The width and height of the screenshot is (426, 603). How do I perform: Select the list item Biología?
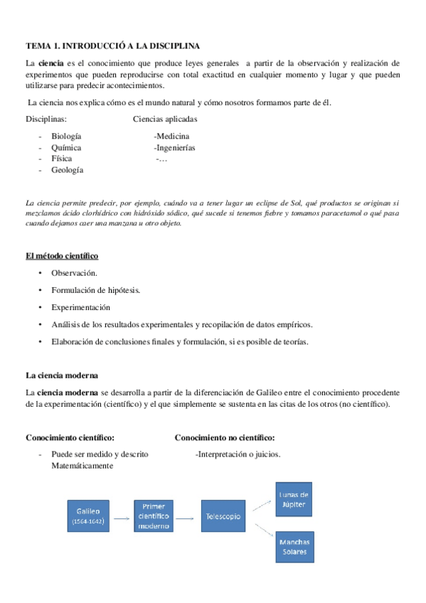pos(66,137)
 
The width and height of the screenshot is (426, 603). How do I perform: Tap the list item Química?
pos(66,148)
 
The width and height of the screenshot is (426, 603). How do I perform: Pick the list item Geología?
pos(67,170)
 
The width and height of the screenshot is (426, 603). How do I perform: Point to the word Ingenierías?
pos(174,148)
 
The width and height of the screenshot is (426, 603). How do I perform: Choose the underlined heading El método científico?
pos(62,255)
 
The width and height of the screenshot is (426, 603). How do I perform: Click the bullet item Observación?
pos(74,273)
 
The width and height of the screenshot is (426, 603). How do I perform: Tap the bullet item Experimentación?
pos(80,307)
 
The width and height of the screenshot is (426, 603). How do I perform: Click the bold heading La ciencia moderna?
pos(62,375)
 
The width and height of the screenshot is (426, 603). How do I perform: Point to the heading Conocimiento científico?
pos(70,437)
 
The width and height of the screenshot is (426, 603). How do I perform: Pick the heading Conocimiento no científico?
pos(225,437)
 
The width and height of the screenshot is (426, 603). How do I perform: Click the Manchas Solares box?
pos(294,548)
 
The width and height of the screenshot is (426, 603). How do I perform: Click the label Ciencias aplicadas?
pos(165,119)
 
